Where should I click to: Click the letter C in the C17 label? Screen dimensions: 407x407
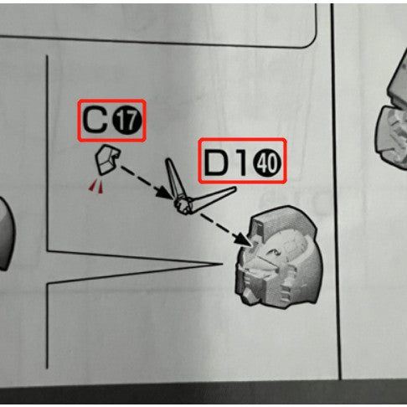coord(95,120)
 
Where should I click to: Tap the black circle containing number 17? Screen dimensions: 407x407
coord(127,121)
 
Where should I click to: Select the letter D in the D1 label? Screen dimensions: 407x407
coord(217,162)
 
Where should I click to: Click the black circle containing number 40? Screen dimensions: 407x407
coord(266,162)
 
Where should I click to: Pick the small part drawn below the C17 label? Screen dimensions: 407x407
coord(107,160)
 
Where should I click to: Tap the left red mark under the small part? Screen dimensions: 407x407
coord(92,185)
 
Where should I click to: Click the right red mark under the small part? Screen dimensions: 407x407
coord(100,187)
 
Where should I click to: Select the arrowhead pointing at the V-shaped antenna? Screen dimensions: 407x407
coord(165,193)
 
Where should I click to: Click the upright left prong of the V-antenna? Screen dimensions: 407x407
coord(174,178)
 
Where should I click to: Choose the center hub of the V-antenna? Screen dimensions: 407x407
coord(183,205)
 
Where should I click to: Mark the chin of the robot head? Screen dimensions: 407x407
coord(248,296)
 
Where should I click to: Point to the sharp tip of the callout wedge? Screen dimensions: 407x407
coord(222,264)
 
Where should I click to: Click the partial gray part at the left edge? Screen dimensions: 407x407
coord(6,234)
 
